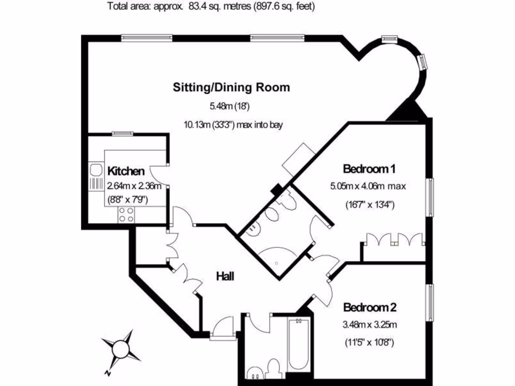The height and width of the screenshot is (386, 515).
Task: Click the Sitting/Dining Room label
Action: tap(231, 87)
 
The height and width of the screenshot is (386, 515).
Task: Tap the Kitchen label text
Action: tap(126, 171)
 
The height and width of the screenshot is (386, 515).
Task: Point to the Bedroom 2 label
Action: tap(367, 307)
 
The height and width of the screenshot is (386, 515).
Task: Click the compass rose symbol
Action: tap(121, 349)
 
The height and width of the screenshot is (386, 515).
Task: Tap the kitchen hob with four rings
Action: tap(126, 215)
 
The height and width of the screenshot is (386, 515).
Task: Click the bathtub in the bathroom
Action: tap(299, 347)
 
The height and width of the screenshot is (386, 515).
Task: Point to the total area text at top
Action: tap(211, 7)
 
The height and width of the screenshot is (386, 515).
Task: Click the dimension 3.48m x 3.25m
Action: tap(370, 325)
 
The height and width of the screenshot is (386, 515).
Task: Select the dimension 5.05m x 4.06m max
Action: tap(368, 186)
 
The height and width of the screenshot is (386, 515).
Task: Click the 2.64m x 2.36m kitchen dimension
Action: tap(134, 185)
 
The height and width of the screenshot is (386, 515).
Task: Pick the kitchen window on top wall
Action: tap(123, 134)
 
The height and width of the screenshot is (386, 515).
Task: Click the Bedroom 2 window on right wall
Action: tap(430, 302)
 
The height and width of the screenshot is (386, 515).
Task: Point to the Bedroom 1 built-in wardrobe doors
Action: tap(395, 240)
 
